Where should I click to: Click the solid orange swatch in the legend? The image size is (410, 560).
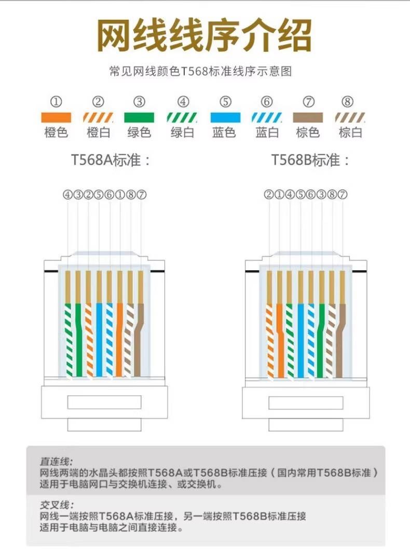click(x=56, y=117)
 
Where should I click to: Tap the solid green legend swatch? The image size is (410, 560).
click(x=139, y=117)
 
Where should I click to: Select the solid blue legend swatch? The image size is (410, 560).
click(x=225, y=117)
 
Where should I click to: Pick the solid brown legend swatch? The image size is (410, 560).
click(x=308, y=117)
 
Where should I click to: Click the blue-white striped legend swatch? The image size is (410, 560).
click(x=267, y=117)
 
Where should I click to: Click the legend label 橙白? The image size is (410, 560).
click(x=98, y=132)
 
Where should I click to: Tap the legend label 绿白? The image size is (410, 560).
click(x=182, y=132)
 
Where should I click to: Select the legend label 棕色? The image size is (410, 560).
click(x=308, y=132)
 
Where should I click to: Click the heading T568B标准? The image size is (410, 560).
click(x=310, y=160)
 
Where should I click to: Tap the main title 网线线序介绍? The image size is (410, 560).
click(x=204, y=36)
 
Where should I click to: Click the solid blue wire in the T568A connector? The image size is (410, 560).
click(x=99, y=338)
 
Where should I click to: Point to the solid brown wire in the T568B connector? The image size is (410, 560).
click(x=340, y=343)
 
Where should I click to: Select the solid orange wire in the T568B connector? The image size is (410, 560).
click(x=280, y=338)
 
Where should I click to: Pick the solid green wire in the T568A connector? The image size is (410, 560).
click(x=78, y=338)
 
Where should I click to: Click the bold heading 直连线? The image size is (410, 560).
click(x=57, y=461)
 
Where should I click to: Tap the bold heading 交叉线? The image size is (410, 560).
click(x=57, y=505)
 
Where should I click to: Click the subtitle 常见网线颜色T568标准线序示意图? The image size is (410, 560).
click(x=201, y=71)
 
